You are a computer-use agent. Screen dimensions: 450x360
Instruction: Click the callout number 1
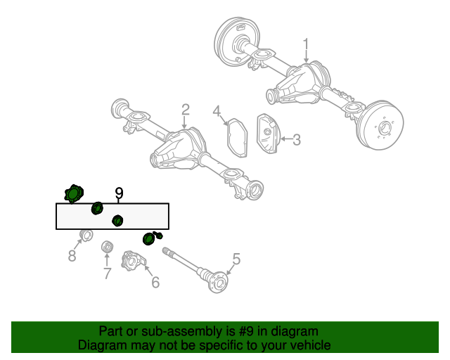pyautogui.click(x=306, y=45)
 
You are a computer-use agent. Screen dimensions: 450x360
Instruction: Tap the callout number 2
pyautogui.click(x=186, y=110)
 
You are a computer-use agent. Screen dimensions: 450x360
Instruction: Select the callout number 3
pyautogui.click(x=297, y=140)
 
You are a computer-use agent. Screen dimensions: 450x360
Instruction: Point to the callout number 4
pyautogui.click(x=217, y=111)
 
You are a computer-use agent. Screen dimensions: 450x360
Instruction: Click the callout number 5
pyautogui.click(x=236, y=259)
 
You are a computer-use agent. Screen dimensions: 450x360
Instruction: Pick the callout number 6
pyautogui.click(x=155, y=282)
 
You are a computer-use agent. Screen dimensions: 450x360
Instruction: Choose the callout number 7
pyautogui.click(x=107, y=274)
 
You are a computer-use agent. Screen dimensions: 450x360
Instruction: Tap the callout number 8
pyautogui.click(x=72, y=255)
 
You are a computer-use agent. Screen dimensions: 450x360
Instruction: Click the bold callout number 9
pyautogui.click(x=119, y=193)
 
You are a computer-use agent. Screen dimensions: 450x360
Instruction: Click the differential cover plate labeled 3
pyautogui.click(x=269, y=134)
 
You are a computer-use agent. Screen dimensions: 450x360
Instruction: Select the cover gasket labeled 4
pyautogui.click(x=237, y=138)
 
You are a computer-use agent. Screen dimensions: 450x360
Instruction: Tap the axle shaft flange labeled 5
pyautogui.click(x=219, y=282)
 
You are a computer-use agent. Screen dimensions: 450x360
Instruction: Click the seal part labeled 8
pyautogui.click(x=86, y=236)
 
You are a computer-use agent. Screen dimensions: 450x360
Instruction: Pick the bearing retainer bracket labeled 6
pyautogui.click(x=134, y=261)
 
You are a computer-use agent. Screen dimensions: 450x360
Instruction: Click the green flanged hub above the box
pyautogui.click(x=73, y=194)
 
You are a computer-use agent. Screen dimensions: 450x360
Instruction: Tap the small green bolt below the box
pyautogui.click(x=158, y=235)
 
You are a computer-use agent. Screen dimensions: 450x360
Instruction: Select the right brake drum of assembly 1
pyautogui.click(x=380, y=125)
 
